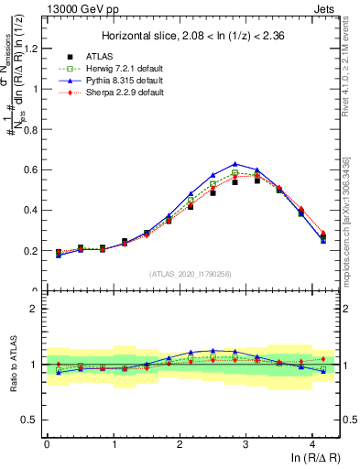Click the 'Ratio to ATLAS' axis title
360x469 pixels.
point(12,365)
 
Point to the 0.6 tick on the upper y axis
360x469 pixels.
point(33,170)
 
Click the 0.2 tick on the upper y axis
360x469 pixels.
point(33,251)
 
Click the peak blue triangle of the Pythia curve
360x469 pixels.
point(235,164)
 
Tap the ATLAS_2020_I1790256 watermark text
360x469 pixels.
point(191,274)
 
